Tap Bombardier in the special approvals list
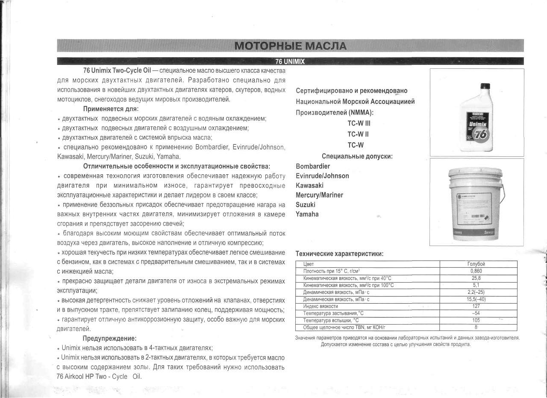[313, 166]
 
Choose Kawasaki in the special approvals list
[309, 185]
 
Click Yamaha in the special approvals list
[307, 214]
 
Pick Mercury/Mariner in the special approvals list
[319, 195]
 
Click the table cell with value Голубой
[476, 264]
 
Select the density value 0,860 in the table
[476, 271]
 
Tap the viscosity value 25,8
[476, 278]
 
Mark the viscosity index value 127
[476, 306]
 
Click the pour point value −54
[476, 313]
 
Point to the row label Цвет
[308, 264]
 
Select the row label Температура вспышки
[330, 320]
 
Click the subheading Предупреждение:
[109, 339]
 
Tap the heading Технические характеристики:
[339, 254]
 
